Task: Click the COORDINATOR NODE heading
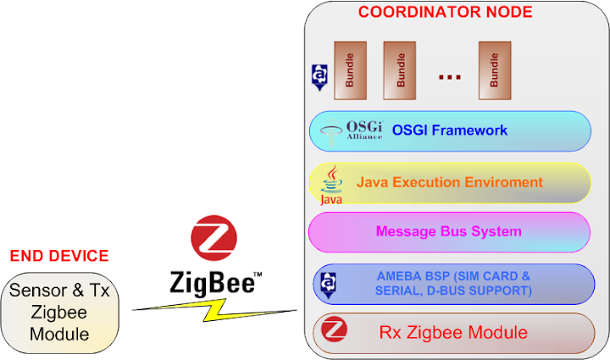coord(445,12)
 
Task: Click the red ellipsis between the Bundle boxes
coord(449,77)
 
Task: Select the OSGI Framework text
coord(449,130)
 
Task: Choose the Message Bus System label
coord(448,231)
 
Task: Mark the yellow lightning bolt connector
coord(216,306)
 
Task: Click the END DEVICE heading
coord(59,256)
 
